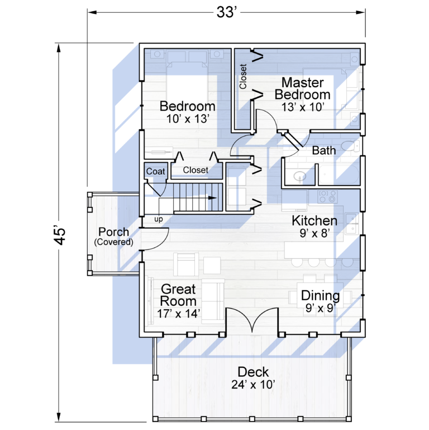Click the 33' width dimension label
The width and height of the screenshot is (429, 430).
[x=227, y=12]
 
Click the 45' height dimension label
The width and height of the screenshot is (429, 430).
[x=60, y=235]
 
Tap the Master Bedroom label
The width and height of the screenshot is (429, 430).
[x=302, y=88]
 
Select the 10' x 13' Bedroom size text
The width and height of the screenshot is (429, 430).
[x=188, y=119]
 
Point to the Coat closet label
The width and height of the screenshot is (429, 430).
[x=155, y=172]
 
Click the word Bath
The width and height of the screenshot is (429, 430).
[x=324, y=150]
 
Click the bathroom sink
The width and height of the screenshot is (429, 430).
[x=300, y=176]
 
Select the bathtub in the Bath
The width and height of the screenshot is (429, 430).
[x=339, y=174]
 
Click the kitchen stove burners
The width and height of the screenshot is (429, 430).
[x=327, y=196]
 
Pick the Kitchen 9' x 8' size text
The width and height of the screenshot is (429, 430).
[x=314, y=233]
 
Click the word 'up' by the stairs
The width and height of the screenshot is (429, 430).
[x=158, y=219]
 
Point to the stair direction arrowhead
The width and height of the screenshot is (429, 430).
[x=213, y=198]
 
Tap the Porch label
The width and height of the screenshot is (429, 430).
[x=114, y=231]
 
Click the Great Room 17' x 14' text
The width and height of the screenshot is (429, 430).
[x=178, y=314]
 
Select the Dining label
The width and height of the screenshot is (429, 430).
[x=320, y=296]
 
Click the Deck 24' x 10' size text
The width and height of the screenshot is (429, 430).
[x=253, y=385]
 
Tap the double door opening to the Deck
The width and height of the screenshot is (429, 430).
[x=252, y=320]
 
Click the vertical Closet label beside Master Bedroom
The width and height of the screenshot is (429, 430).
[x=243, y=77]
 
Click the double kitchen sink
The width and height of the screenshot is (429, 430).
[x=352, y=224]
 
